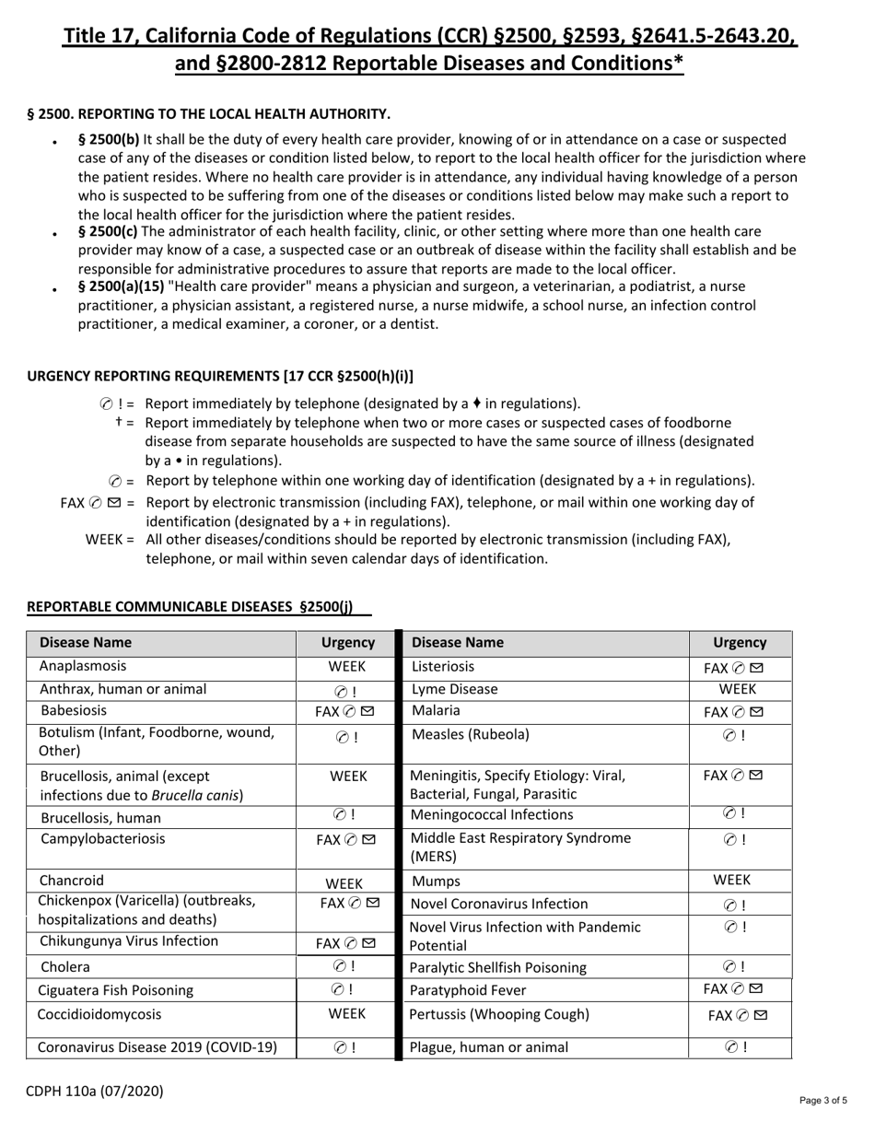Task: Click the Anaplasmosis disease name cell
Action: coord(83,666)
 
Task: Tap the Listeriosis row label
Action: coord(442,666)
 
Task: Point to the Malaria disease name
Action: coord(436,711)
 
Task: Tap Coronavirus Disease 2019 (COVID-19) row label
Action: coord(157,1046)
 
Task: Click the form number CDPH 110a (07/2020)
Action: coord(95,1092)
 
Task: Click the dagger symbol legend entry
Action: coord(120,422)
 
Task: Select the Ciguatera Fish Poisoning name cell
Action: coord(116,991)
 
